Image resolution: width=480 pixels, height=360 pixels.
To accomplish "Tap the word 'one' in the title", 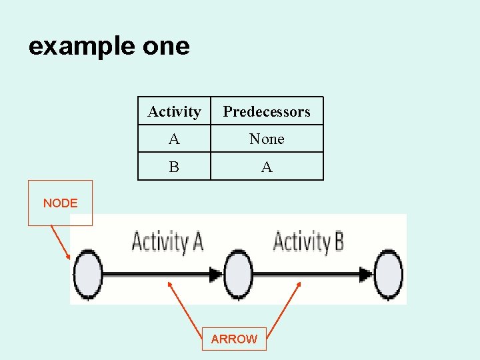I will click(166, 47).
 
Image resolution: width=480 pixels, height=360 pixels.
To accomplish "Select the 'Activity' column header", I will click(174, 111).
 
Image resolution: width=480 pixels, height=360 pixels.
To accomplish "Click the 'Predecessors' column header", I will click(267, 111).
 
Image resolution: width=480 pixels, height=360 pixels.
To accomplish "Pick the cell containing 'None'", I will click(267, 139).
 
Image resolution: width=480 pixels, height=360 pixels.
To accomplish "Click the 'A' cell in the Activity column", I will click(174, 139).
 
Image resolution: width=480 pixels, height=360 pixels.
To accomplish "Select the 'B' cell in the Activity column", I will click(174, 167).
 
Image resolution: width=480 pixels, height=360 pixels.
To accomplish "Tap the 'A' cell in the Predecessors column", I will click(267, 167).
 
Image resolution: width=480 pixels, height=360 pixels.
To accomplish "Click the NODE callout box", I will click(60, 203).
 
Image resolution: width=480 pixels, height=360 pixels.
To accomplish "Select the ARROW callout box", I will click(234, 339).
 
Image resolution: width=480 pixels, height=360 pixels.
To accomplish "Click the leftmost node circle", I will click(88, 273).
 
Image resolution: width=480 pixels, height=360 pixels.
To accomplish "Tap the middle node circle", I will click(238, 273).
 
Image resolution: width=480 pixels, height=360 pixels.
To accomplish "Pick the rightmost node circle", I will click(389, 273).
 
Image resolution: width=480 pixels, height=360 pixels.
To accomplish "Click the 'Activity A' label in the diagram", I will click(167, 241).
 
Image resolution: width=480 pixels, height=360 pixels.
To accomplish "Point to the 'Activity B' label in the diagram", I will click(309, 241).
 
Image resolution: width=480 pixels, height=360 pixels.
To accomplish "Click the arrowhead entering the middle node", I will click(216, 273).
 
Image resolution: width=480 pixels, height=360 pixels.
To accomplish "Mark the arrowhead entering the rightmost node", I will click(366, 273).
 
